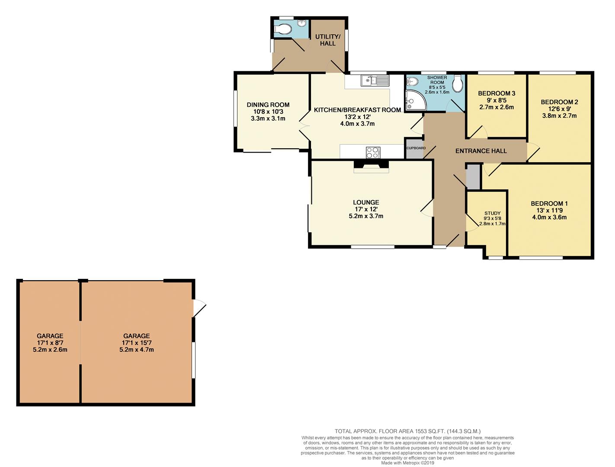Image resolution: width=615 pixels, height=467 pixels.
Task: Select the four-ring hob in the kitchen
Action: (x=373, y=152)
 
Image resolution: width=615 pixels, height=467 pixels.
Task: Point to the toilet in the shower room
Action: (x=458, y=81)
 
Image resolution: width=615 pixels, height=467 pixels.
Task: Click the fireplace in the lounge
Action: (x=371, y=166)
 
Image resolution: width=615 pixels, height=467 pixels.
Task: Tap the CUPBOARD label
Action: (x=416, y=148)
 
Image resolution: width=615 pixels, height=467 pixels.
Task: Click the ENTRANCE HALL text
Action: (x=481, y=151)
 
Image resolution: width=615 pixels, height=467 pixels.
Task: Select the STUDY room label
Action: (x=492, y=213)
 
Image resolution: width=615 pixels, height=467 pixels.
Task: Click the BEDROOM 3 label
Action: (x=496, y=93)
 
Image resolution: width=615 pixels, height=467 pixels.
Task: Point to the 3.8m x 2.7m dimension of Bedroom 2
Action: (x=559, y=115)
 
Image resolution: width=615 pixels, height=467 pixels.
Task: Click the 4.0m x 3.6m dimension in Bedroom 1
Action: (x=549, y=217)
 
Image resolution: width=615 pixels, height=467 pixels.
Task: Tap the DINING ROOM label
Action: (x=268, y=105)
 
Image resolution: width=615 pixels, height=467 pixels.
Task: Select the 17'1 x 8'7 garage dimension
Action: (x=50, y=343)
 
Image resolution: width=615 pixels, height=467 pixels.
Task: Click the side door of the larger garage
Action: (x=199, y=308)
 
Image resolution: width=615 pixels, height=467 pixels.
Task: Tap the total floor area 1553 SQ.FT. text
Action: (x=408, y=431)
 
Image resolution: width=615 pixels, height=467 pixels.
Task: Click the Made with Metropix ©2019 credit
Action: (x=407, y=463)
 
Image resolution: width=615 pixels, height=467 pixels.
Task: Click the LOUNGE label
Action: (x=366, y=202)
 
